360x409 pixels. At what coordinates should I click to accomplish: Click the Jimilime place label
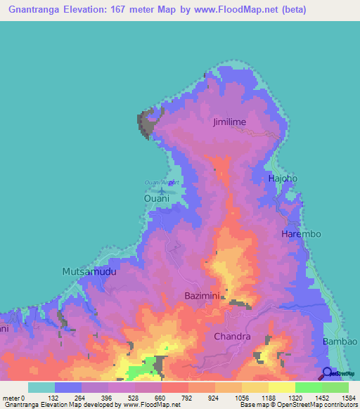(x=230, y=122)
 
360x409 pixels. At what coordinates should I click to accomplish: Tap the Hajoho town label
(x=283, y=178)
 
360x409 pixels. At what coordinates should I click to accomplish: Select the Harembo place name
(x=301, y=233)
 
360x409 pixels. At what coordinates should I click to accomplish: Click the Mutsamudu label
(x=89, y=271)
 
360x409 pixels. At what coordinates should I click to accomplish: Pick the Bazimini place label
(x=205, y=296)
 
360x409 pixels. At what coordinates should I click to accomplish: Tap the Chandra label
(x=232, y=337)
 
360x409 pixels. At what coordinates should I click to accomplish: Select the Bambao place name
(x=337, y=342)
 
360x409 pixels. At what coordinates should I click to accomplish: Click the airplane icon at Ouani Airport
(x=162, y=190)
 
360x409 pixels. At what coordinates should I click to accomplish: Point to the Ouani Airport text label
(x=162, y=183)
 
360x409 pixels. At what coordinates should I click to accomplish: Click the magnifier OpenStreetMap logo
(x=327, y=374)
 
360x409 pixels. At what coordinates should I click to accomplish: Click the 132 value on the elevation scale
(x=55, y=398)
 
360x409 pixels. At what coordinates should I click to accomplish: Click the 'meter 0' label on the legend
(x=14, y=398)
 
